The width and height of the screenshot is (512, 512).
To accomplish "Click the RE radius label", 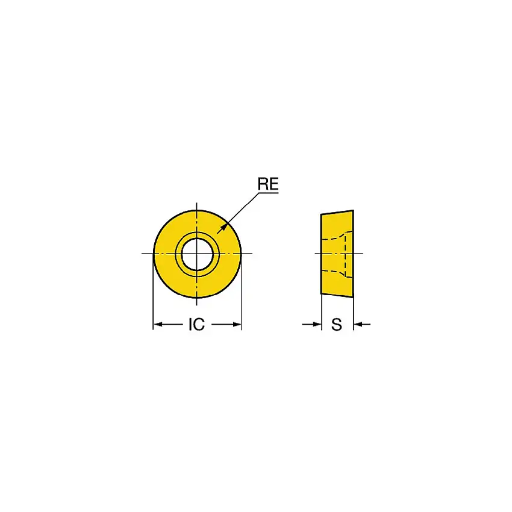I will click(269, 184).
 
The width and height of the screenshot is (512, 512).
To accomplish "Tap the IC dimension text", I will click(196, 325).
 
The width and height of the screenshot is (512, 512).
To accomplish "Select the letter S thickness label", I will click(337, 325).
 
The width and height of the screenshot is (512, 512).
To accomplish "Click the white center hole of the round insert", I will click(196, 254).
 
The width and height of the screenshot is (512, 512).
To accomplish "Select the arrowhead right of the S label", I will click(357, 325).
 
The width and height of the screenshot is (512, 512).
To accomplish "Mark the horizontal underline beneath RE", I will click(269, 192).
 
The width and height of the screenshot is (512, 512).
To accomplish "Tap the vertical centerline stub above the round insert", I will click(196, 205).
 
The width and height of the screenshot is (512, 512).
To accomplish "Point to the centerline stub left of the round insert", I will click(146, 254).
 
